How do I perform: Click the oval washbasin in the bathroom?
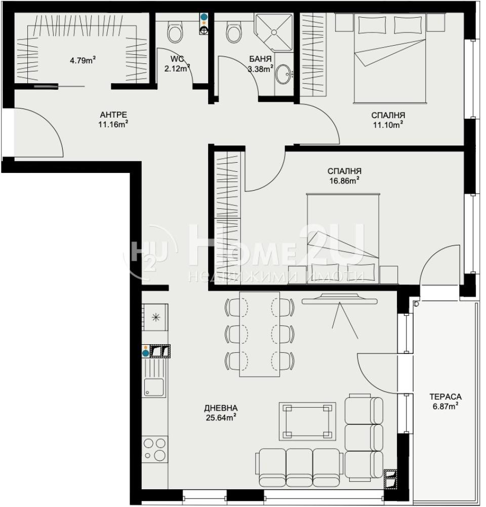click(x=283, y=75)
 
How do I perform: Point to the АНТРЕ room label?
click(x=113, y=115)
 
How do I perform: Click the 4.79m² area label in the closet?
click(x=83, y=60)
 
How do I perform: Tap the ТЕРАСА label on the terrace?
click(x=445, y=396)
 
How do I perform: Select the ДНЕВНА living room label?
click(x=221, y=408)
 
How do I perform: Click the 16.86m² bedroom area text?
click(x=344, y=180)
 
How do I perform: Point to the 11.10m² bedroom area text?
click(x=388, y=125)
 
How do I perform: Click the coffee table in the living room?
click(x=307, y=421)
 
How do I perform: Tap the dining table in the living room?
click(x=259, y=334)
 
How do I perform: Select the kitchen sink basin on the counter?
click(x=154, y=387)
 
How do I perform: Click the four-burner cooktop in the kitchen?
click(x=155, y=449)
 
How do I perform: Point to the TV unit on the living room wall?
click(x=339, y=299)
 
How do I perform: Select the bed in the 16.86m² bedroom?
click(x=343, y=239)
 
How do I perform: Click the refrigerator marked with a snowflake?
click(x=155, y=317)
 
